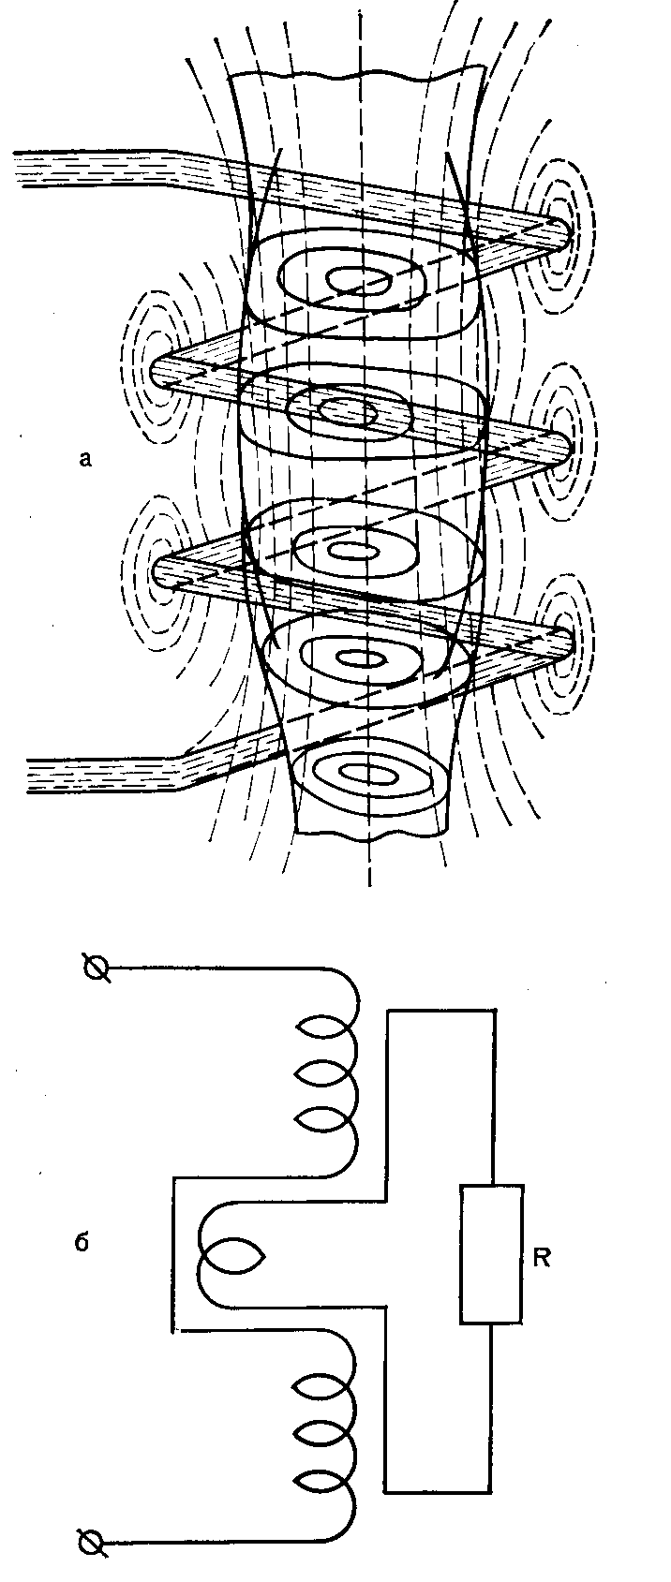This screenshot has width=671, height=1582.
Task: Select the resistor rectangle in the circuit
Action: (491, 1253)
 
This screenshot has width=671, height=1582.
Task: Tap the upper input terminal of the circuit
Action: (95, 969)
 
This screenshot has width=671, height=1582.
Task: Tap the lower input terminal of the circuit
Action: (92, 1541)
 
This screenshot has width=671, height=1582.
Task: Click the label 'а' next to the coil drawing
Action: (86, 458)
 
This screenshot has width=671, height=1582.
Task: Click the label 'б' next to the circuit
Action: (82, 1244)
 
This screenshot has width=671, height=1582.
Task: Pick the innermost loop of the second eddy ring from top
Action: (348, 410)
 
